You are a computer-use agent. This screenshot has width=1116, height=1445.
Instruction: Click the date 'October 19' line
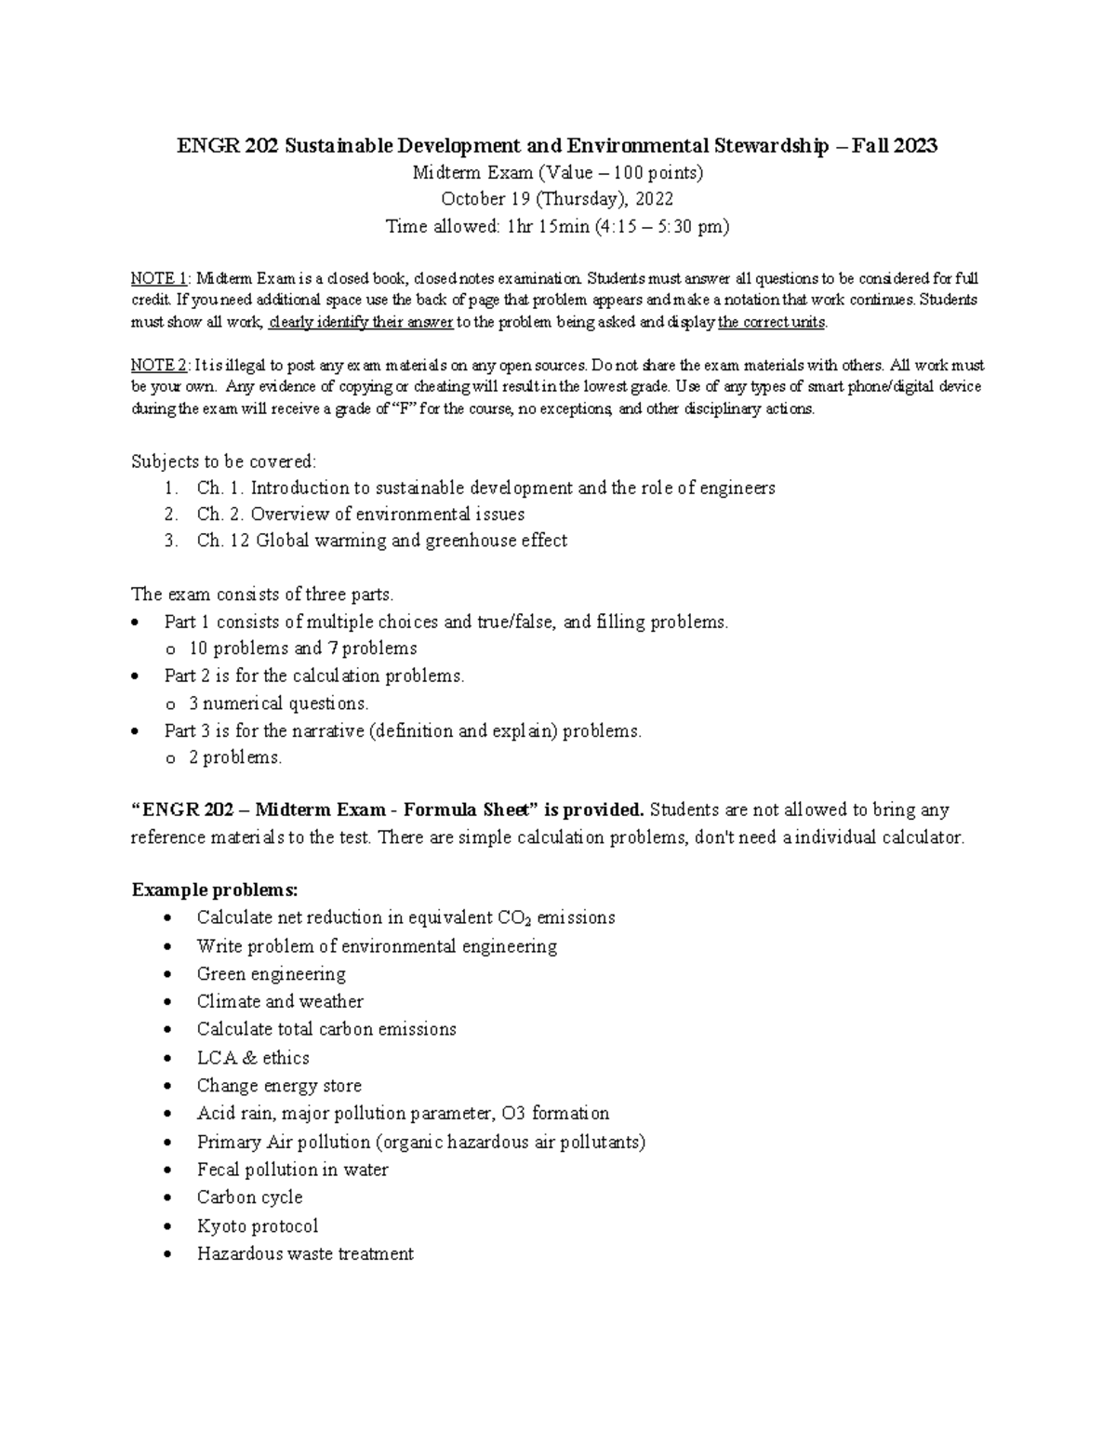557,199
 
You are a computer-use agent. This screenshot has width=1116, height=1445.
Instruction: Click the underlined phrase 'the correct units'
772,323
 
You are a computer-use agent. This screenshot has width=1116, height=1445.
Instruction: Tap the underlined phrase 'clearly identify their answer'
361,323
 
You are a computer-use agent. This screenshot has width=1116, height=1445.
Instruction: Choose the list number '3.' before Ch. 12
170,541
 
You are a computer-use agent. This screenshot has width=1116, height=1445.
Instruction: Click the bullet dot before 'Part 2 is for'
138,676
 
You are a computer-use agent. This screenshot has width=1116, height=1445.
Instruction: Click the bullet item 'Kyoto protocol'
258,1226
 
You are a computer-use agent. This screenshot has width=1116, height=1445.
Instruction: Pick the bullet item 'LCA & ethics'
253,1058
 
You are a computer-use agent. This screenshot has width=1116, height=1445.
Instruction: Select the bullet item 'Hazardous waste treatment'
305,1254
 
